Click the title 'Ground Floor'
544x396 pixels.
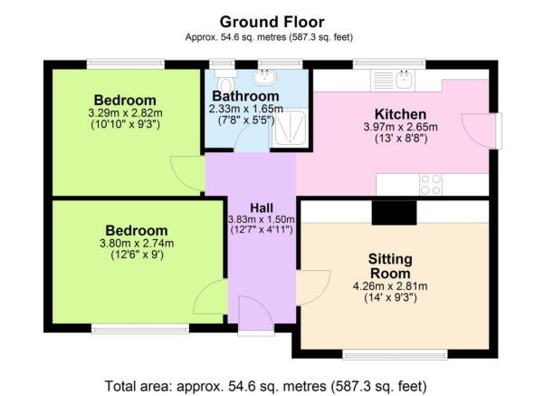point(272,20)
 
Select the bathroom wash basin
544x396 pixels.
point(268,78)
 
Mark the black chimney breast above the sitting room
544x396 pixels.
point(394,212)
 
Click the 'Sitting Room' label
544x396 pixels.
point(389,266)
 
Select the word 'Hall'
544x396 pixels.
point(249,207)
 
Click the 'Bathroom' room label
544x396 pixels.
point(245,96)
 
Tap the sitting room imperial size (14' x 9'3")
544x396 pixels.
point(389,298)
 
